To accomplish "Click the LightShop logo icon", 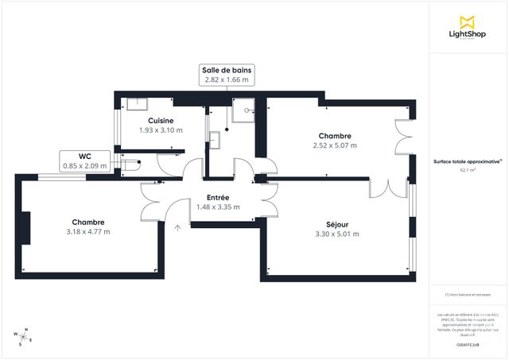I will click(468, 21).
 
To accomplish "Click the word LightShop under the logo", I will click(468, 34).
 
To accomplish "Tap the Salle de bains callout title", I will click(227, 70).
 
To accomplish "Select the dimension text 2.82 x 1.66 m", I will click(227, 79).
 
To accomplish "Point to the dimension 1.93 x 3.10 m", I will click(161, 130).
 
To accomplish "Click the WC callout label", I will click(84, 157).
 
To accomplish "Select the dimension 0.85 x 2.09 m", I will click(84, 166).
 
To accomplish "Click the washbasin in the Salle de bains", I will click(214, 140).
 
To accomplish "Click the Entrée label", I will click(218, 197).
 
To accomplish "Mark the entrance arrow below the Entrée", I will click(177, 228).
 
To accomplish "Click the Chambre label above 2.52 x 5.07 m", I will click(335, 136).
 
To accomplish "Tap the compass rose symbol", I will click(25, 337).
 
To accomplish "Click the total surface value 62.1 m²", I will click(468, 170).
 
